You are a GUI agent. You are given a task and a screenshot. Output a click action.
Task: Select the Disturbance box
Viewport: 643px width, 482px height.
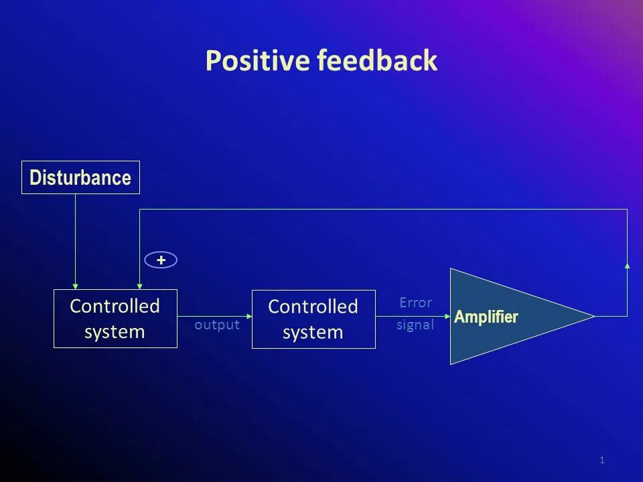point(80,177)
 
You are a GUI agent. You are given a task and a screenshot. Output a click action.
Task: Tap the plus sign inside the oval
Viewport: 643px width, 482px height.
point(161,260)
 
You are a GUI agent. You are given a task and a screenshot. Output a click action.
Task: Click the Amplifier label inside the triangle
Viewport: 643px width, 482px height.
point(486,317)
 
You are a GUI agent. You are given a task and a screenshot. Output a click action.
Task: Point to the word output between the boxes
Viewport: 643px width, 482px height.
point(217,325)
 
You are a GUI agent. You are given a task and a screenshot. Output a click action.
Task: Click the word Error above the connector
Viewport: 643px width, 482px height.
point(415,303)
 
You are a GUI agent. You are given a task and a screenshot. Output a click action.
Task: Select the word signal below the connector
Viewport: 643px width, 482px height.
point(415,325)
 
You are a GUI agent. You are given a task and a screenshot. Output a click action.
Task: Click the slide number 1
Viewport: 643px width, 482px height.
point(602,460)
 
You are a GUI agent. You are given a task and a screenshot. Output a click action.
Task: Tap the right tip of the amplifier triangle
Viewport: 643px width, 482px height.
point(594,316)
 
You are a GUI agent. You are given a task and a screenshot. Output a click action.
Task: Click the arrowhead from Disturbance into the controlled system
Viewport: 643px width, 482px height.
point(76,286)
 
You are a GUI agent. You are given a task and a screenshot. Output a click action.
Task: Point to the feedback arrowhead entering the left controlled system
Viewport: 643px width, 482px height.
point(139,286)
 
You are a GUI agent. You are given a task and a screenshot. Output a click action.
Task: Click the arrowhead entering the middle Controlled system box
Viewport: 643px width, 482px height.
point(249,316)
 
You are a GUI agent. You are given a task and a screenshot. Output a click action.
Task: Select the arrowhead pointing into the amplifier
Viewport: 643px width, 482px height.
point(447,316)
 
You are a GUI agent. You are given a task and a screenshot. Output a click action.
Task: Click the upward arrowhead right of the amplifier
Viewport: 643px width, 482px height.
point(627,266)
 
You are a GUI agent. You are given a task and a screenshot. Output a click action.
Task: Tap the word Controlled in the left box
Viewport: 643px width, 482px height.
point(115,306)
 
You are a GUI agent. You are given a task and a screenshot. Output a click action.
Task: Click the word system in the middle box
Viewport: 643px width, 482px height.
point(313,333)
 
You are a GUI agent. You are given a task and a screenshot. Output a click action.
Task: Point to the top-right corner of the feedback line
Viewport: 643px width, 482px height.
point(627,210)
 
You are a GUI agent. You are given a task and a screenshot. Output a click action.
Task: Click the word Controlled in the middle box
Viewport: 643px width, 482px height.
point(313,307)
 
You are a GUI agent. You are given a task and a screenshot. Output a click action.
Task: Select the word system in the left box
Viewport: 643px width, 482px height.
point(115,332)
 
